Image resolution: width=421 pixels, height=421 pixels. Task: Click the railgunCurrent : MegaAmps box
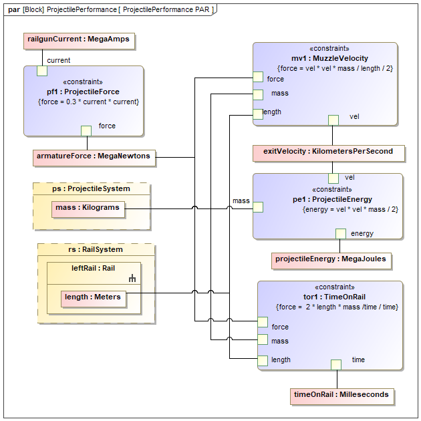(78, 40)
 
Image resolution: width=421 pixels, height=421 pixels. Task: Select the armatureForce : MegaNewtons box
(94, 157)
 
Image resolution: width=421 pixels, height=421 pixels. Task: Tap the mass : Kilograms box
(89, 208)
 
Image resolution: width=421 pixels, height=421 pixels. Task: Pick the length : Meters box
(93, 297)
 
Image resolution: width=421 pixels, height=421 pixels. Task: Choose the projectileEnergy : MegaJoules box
(331, 259)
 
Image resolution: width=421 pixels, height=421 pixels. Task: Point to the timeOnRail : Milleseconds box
(341, 395)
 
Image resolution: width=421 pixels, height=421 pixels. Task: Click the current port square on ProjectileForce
(41, 71)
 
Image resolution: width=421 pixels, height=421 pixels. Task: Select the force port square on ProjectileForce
(86, 130)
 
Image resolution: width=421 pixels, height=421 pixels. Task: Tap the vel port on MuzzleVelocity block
(333, 120)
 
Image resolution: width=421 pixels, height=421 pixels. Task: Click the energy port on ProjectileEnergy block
(340, 233)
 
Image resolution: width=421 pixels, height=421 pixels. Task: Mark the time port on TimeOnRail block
(336, 364)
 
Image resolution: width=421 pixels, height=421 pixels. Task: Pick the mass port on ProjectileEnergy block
(258, 207)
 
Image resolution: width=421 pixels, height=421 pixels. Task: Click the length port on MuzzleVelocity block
(258, 114)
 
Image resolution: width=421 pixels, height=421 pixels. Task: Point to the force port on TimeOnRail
(263, 322)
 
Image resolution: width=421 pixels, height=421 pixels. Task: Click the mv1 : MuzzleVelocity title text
(329, 58)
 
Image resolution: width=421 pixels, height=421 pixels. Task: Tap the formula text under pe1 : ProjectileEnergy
(350, 209)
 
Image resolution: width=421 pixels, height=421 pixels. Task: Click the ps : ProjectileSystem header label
(92, 188)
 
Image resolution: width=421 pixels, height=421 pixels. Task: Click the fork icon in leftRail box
(132, 279)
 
